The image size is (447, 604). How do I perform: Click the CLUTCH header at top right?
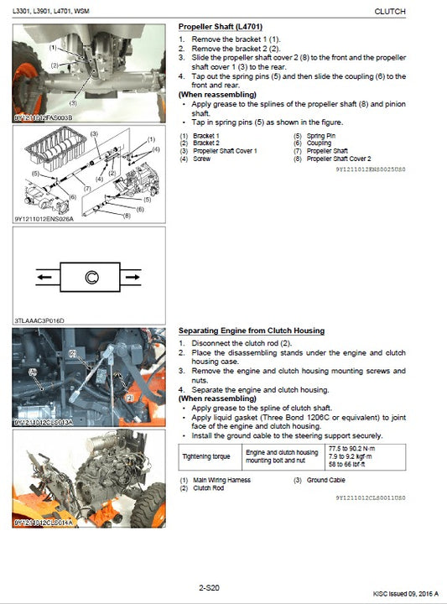(388, 11)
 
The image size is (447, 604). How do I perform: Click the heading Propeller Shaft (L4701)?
(217, 27)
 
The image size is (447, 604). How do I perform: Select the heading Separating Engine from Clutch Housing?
(252, 331)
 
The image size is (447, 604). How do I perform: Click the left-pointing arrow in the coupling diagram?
(45, 275)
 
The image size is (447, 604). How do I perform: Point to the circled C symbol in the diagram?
(90, 275)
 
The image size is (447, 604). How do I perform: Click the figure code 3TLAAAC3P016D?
(39, 320)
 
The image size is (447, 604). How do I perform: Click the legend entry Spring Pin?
(320, 136)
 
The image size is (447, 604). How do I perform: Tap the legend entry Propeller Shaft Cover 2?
(338, 159)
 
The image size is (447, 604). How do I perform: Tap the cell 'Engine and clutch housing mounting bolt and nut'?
(281, 456)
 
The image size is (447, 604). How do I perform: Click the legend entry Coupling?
(319, 143)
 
